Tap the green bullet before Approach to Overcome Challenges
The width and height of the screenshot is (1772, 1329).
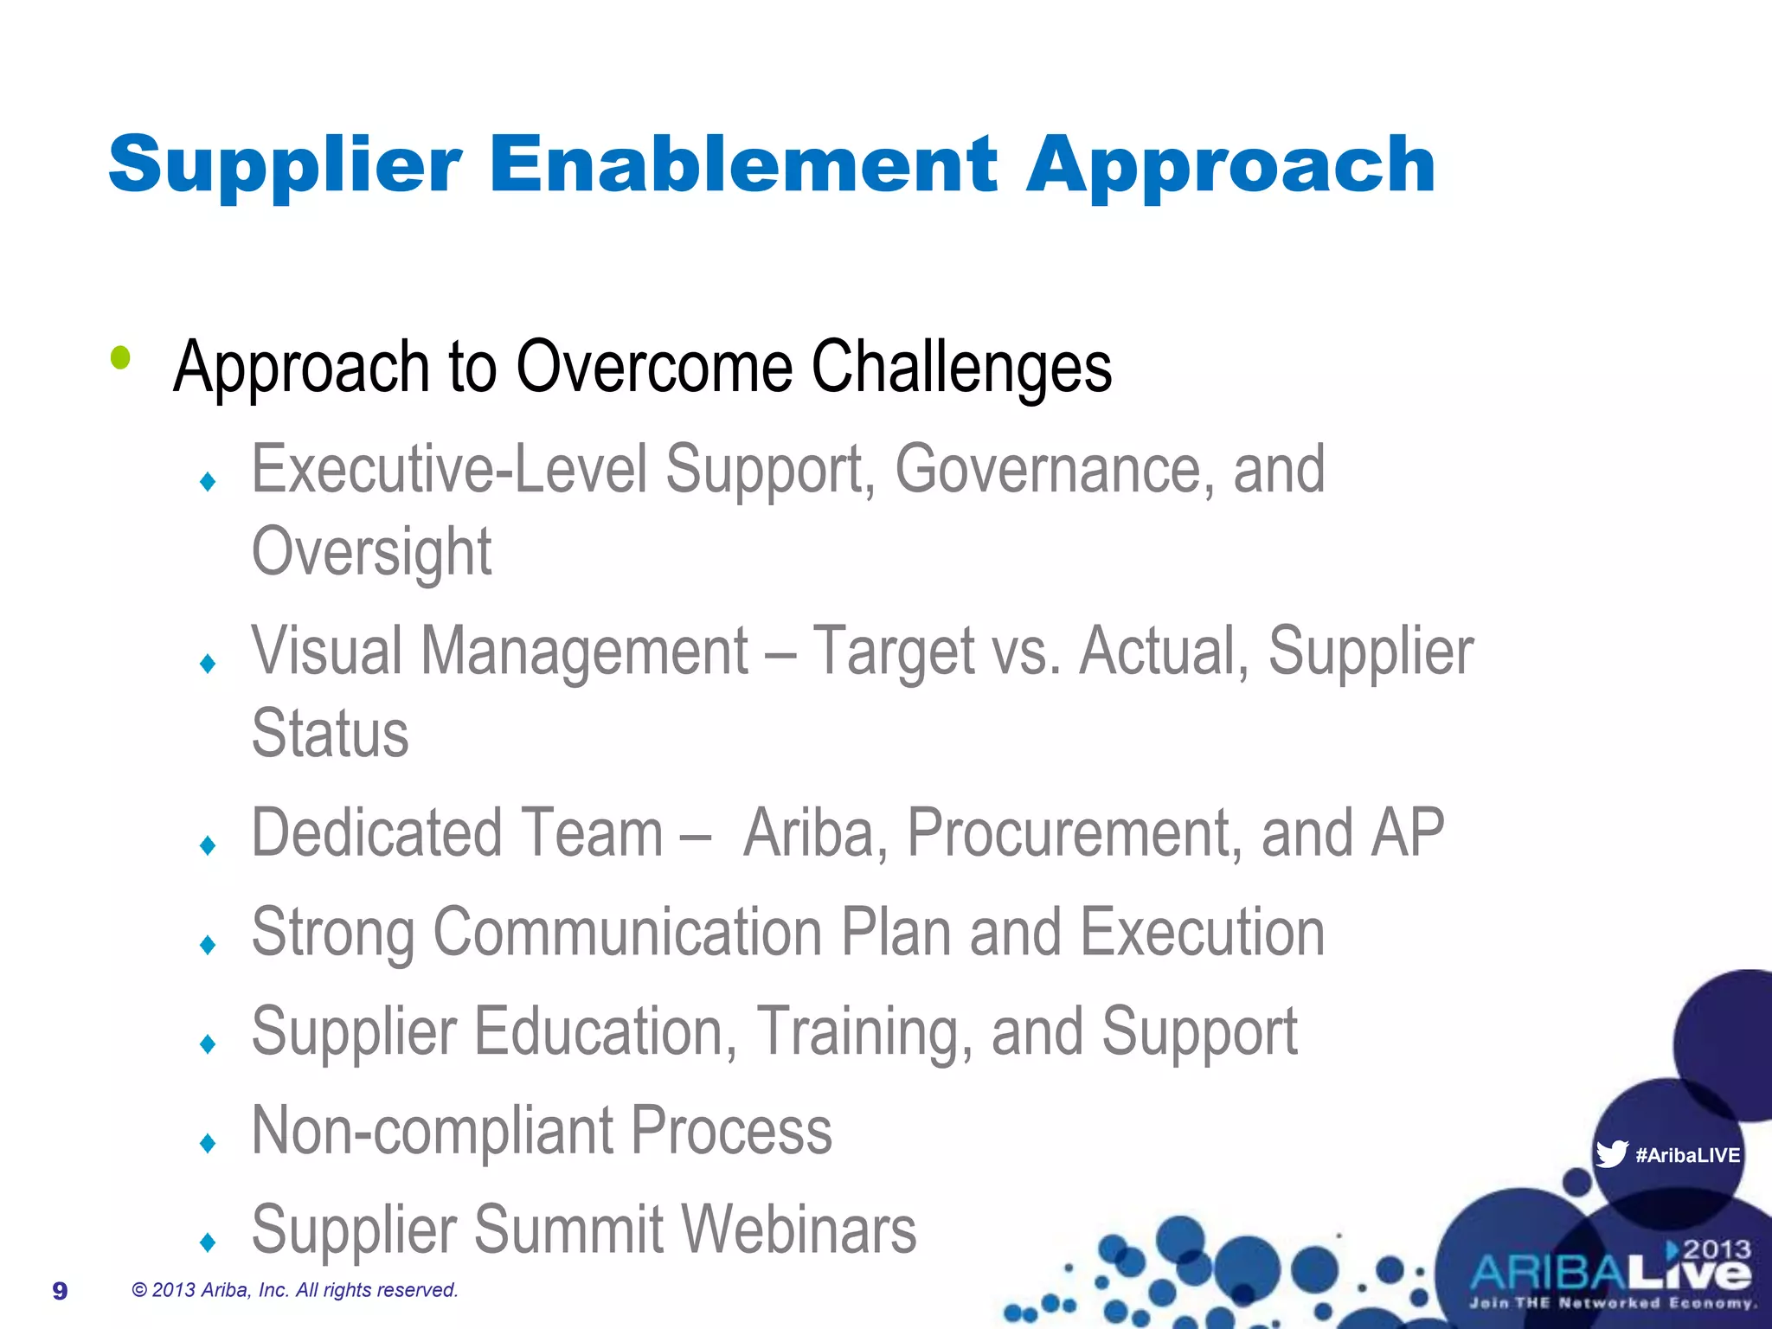point(121,357)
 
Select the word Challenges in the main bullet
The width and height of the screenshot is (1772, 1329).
point(960,367)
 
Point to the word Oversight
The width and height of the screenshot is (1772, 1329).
point(371,552)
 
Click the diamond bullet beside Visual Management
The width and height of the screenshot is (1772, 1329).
point(207,664)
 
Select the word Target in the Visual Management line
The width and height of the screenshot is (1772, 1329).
point(894,651)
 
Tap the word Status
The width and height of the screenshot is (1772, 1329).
point(330,733)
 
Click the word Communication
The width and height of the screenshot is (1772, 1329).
point(627,932)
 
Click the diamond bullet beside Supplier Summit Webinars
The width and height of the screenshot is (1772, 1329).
point(207,1242)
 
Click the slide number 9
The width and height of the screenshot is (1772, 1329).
point(60,1291)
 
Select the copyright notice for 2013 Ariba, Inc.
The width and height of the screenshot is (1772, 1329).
point(294,1290)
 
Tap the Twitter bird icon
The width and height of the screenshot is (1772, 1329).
point(1611,1153)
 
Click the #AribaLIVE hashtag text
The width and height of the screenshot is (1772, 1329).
point(1687,1155)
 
